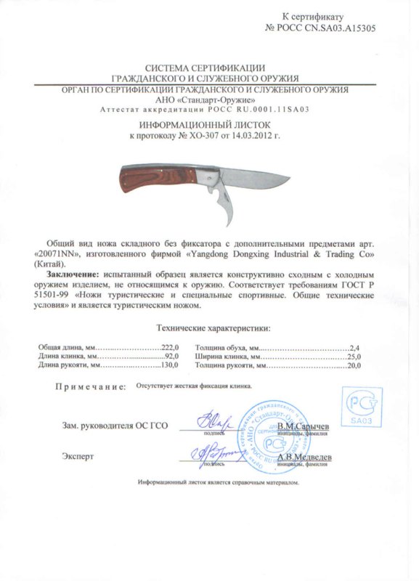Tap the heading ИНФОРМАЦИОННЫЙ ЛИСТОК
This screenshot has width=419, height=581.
tap(209, 126)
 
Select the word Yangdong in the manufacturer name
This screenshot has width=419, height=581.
tap(211, 255)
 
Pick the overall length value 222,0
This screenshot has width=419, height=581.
tap(168, 349)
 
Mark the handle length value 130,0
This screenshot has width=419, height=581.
tap(168, 366)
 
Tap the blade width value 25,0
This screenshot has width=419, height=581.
tap(354, 357)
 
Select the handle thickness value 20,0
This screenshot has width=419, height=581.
tap(354, 366)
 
